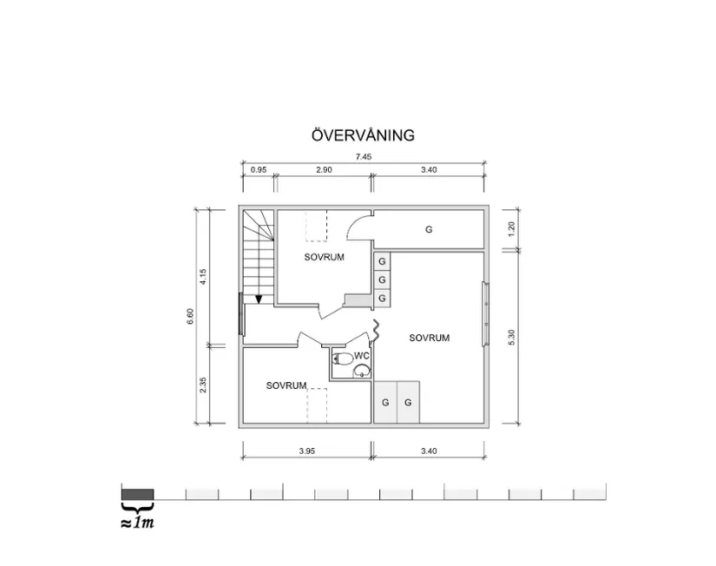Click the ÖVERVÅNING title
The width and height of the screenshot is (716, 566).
pyautogui.click(x=363, y=135)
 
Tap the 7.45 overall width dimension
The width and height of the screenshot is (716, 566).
pyautogui.click(x=362, y=156)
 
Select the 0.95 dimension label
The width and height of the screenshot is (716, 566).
pyautogui.click(x=258, y=170)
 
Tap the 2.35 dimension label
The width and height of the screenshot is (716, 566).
pyautogui.click(x=203, y=385)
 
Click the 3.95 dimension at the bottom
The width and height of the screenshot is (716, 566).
pyautogui.click(x=306, y=451)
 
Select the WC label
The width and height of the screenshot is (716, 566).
pyautogui.click(x=362, y=354)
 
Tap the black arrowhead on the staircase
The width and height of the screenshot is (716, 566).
pyautogui.click(x=258, y=299)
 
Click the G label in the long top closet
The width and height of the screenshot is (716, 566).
pyautogui.click(x=429, y=230)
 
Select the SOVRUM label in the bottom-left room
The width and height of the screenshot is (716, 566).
pyautogui.click(x=286, y=385)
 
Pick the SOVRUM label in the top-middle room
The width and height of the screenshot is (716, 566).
pyautogui.click(x=325, y=257)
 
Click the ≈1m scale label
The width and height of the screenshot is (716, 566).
pyautogui.click(x=137, y=523)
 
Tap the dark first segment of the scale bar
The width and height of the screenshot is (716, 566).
pyautogui.click(x=137, y=493)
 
